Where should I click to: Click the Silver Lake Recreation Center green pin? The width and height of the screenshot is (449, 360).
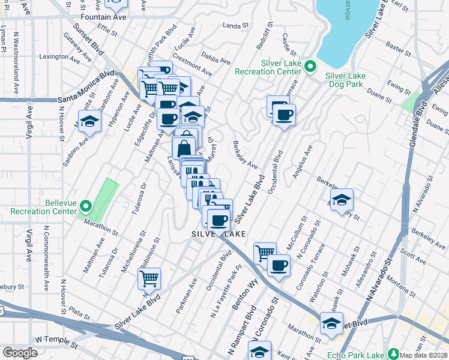pos(310,67)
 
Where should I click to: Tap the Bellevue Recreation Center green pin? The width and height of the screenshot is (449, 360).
pos(85,207)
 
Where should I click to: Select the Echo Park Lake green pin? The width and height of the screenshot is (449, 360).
pos(394,354)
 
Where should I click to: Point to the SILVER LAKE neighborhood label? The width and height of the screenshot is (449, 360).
pos(218,234)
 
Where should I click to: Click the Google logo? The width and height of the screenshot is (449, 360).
pos(20,353)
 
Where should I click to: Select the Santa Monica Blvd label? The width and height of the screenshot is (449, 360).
pos(86,86)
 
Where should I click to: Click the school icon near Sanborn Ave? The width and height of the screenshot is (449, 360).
pos(89,122)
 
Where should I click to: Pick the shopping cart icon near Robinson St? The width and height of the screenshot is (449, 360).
pos(149,278)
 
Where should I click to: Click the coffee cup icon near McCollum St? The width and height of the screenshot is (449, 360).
pos(278,265)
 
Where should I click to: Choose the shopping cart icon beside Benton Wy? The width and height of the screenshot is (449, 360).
pos(264,253)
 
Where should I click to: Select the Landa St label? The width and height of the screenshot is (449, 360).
pos(235,26)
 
